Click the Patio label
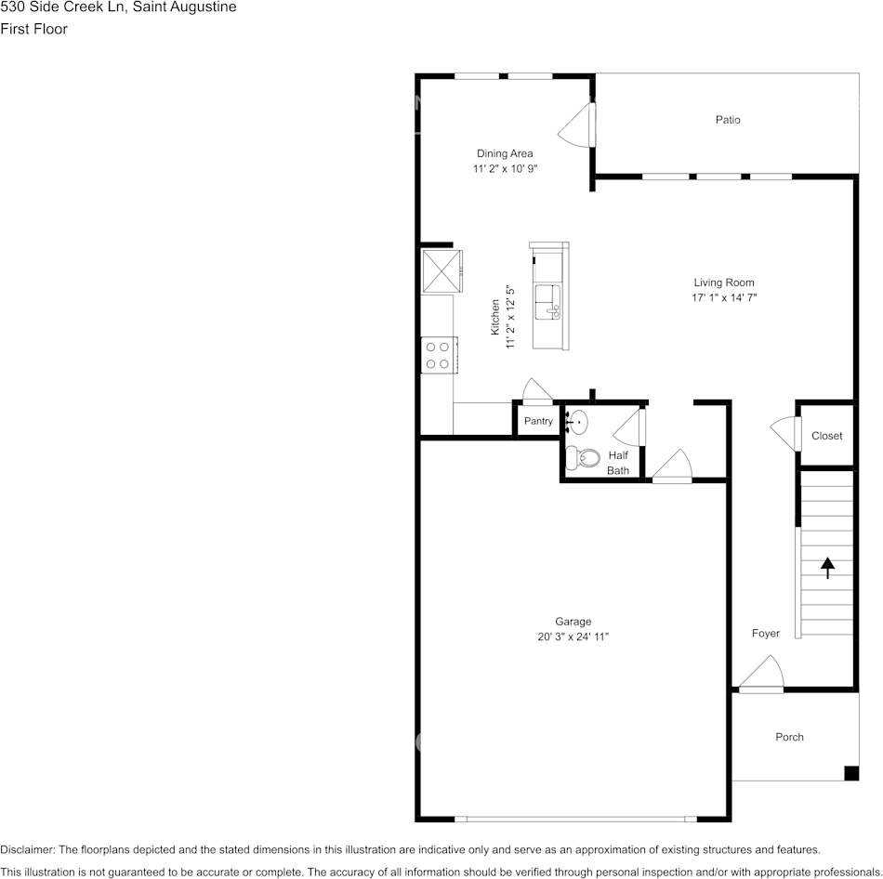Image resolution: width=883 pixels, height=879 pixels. (x=728, y=120)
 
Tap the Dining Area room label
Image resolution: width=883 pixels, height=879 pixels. (x=505, y=153)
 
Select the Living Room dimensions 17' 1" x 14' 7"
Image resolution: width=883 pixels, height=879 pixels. (x=723, y=298)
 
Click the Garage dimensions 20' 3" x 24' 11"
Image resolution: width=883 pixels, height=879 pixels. (x=573, y=636)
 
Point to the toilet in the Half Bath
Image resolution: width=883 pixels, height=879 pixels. (x=584, y=456)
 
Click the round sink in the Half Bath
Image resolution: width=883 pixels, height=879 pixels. (x=577, y=423)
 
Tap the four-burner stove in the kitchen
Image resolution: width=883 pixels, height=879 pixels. (x=437, y=355)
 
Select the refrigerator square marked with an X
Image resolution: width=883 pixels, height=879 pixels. (x=441, y=269)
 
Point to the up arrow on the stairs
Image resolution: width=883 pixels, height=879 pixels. (x=827, y=567)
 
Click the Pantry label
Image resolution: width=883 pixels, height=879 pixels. (x=538, y=421)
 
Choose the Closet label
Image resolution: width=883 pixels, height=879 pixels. (x=826, y=436)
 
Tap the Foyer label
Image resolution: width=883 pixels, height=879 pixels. (x=765, y=634)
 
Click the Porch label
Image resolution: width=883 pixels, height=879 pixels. (x=789, y=737)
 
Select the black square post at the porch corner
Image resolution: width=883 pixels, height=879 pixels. (x=850, y=773)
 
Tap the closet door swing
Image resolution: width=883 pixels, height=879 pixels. (x=785, y=433)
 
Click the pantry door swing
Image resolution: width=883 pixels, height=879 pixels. (x=536, y=391)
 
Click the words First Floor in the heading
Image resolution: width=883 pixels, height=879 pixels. (x=33, y=29)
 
